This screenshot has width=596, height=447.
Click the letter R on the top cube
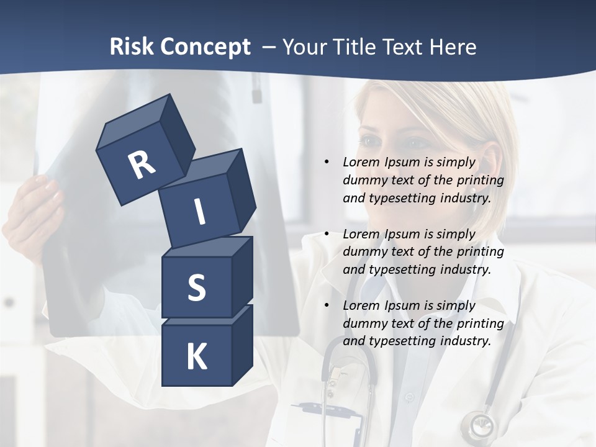click(x=142, y=165)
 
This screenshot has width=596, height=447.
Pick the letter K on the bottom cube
click(x=196, y=356)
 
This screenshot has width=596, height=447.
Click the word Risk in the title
click(x=132, y=47)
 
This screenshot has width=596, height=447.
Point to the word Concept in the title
click(x=205, y=47)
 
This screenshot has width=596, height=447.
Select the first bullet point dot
click(x=327, y=162)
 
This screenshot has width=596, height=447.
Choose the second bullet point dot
click(x=327, y=234)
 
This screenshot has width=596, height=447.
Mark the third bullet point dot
click(x=327, y=305)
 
